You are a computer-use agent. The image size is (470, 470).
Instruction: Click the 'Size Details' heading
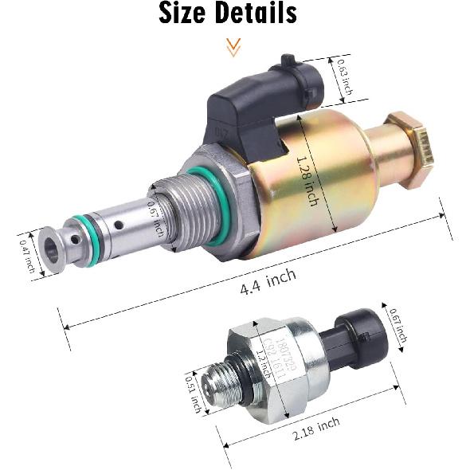[228, 14]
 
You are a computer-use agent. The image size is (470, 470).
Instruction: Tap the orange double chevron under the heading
[233, 49]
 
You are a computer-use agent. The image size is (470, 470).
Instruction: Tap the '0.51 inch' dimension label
[191, 390]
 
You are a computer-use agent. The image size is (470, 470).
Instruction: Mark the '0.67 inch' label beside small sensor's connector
[398, 326]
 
